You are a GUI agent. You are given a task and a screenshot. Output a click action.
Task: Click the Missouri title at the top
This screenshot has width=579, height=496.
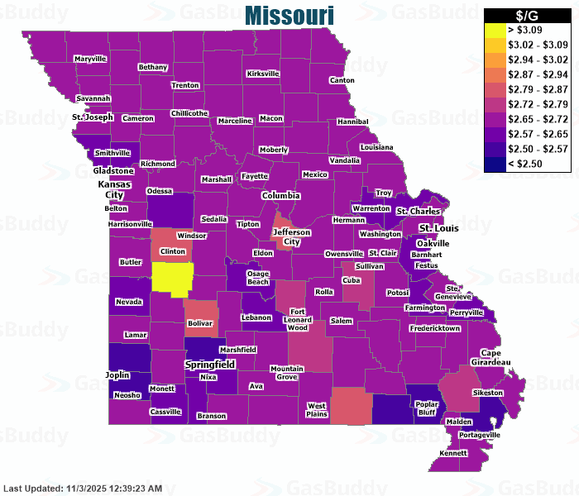[289, 15]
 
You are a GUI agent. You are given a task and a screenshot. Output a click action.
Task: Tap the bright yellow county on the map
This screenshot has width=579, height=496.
[172, 278]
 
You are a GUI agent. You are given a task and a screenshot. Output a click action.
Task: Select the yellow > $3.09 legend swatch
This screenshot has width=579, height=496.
[495, 31]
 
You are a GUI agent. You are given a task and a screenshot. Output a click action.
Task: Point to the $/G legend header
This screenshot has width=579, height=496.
[527, 16]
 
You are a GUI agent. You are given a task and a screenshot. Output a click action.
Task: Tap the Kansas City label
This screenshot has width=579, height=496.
[114, 188]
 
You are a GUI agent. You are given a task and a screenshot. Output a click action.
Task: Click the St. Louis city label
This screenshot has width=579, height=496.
[438, 228]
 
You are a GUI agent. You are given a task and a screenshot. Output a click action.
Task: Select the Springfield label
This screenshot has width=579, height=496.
[210, 364]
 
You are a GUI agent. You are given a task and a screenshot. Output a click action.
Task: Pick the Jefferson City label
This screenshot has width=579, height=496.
[292, 237]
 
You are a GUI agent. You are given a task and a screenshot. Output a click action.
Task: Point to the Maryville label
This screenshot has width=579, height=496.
[90, 60]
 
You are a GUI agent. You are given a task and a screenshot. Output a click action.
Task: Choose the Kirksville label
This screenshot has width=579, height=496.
[263, 74]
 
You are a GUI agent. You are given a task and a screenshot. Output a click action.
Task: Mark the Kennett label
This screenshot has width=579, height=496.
[453, 453]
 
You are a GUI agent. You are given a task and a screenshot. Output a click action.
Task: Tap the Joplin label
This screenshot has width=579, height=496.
[117, 374]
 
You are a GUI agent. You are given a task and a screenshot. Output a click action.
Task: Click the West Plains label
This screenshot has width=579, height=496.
[317, 409]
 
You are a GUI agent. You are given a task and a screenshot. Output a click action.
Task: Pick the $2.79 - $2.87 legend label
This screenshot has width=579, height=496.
[537, 88]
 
